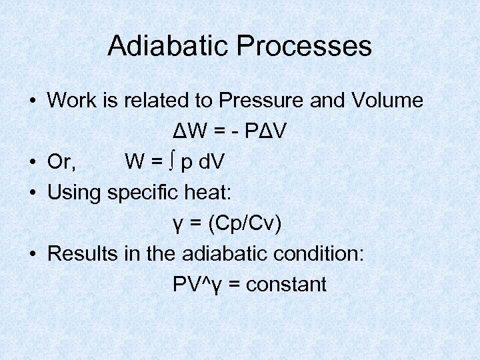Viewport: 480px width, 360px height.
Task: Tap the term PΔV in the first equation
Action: coord(267,131)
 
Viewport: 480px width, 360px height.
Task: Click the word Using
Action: coord(74,193)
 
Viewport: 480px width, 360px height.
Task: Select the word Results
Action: coord(84,254)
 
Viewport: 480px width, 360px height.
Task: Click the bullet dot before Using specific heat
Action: coord(32,193)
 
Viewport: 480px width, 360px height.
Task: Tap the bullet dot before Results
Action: coord(32,255)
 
